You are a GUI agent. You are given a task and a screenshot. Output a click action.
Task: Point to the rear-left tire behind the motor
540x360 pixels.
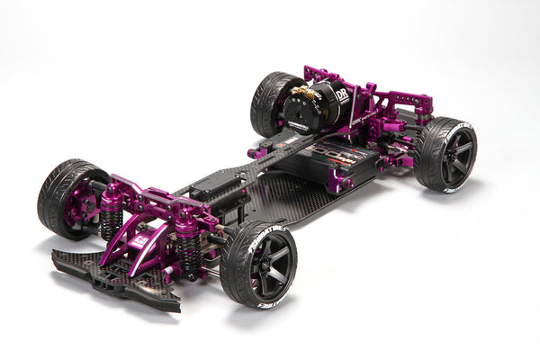269,101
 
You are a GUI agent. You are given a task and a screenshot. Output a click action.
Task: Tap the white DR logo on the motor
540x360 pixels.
343,94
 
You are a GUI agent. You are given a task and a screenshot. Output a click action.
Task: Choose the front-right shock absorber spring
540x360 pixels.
190,247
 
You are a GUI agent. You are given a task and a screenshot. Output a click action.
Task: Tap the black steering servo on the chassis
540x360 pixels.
216,189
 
